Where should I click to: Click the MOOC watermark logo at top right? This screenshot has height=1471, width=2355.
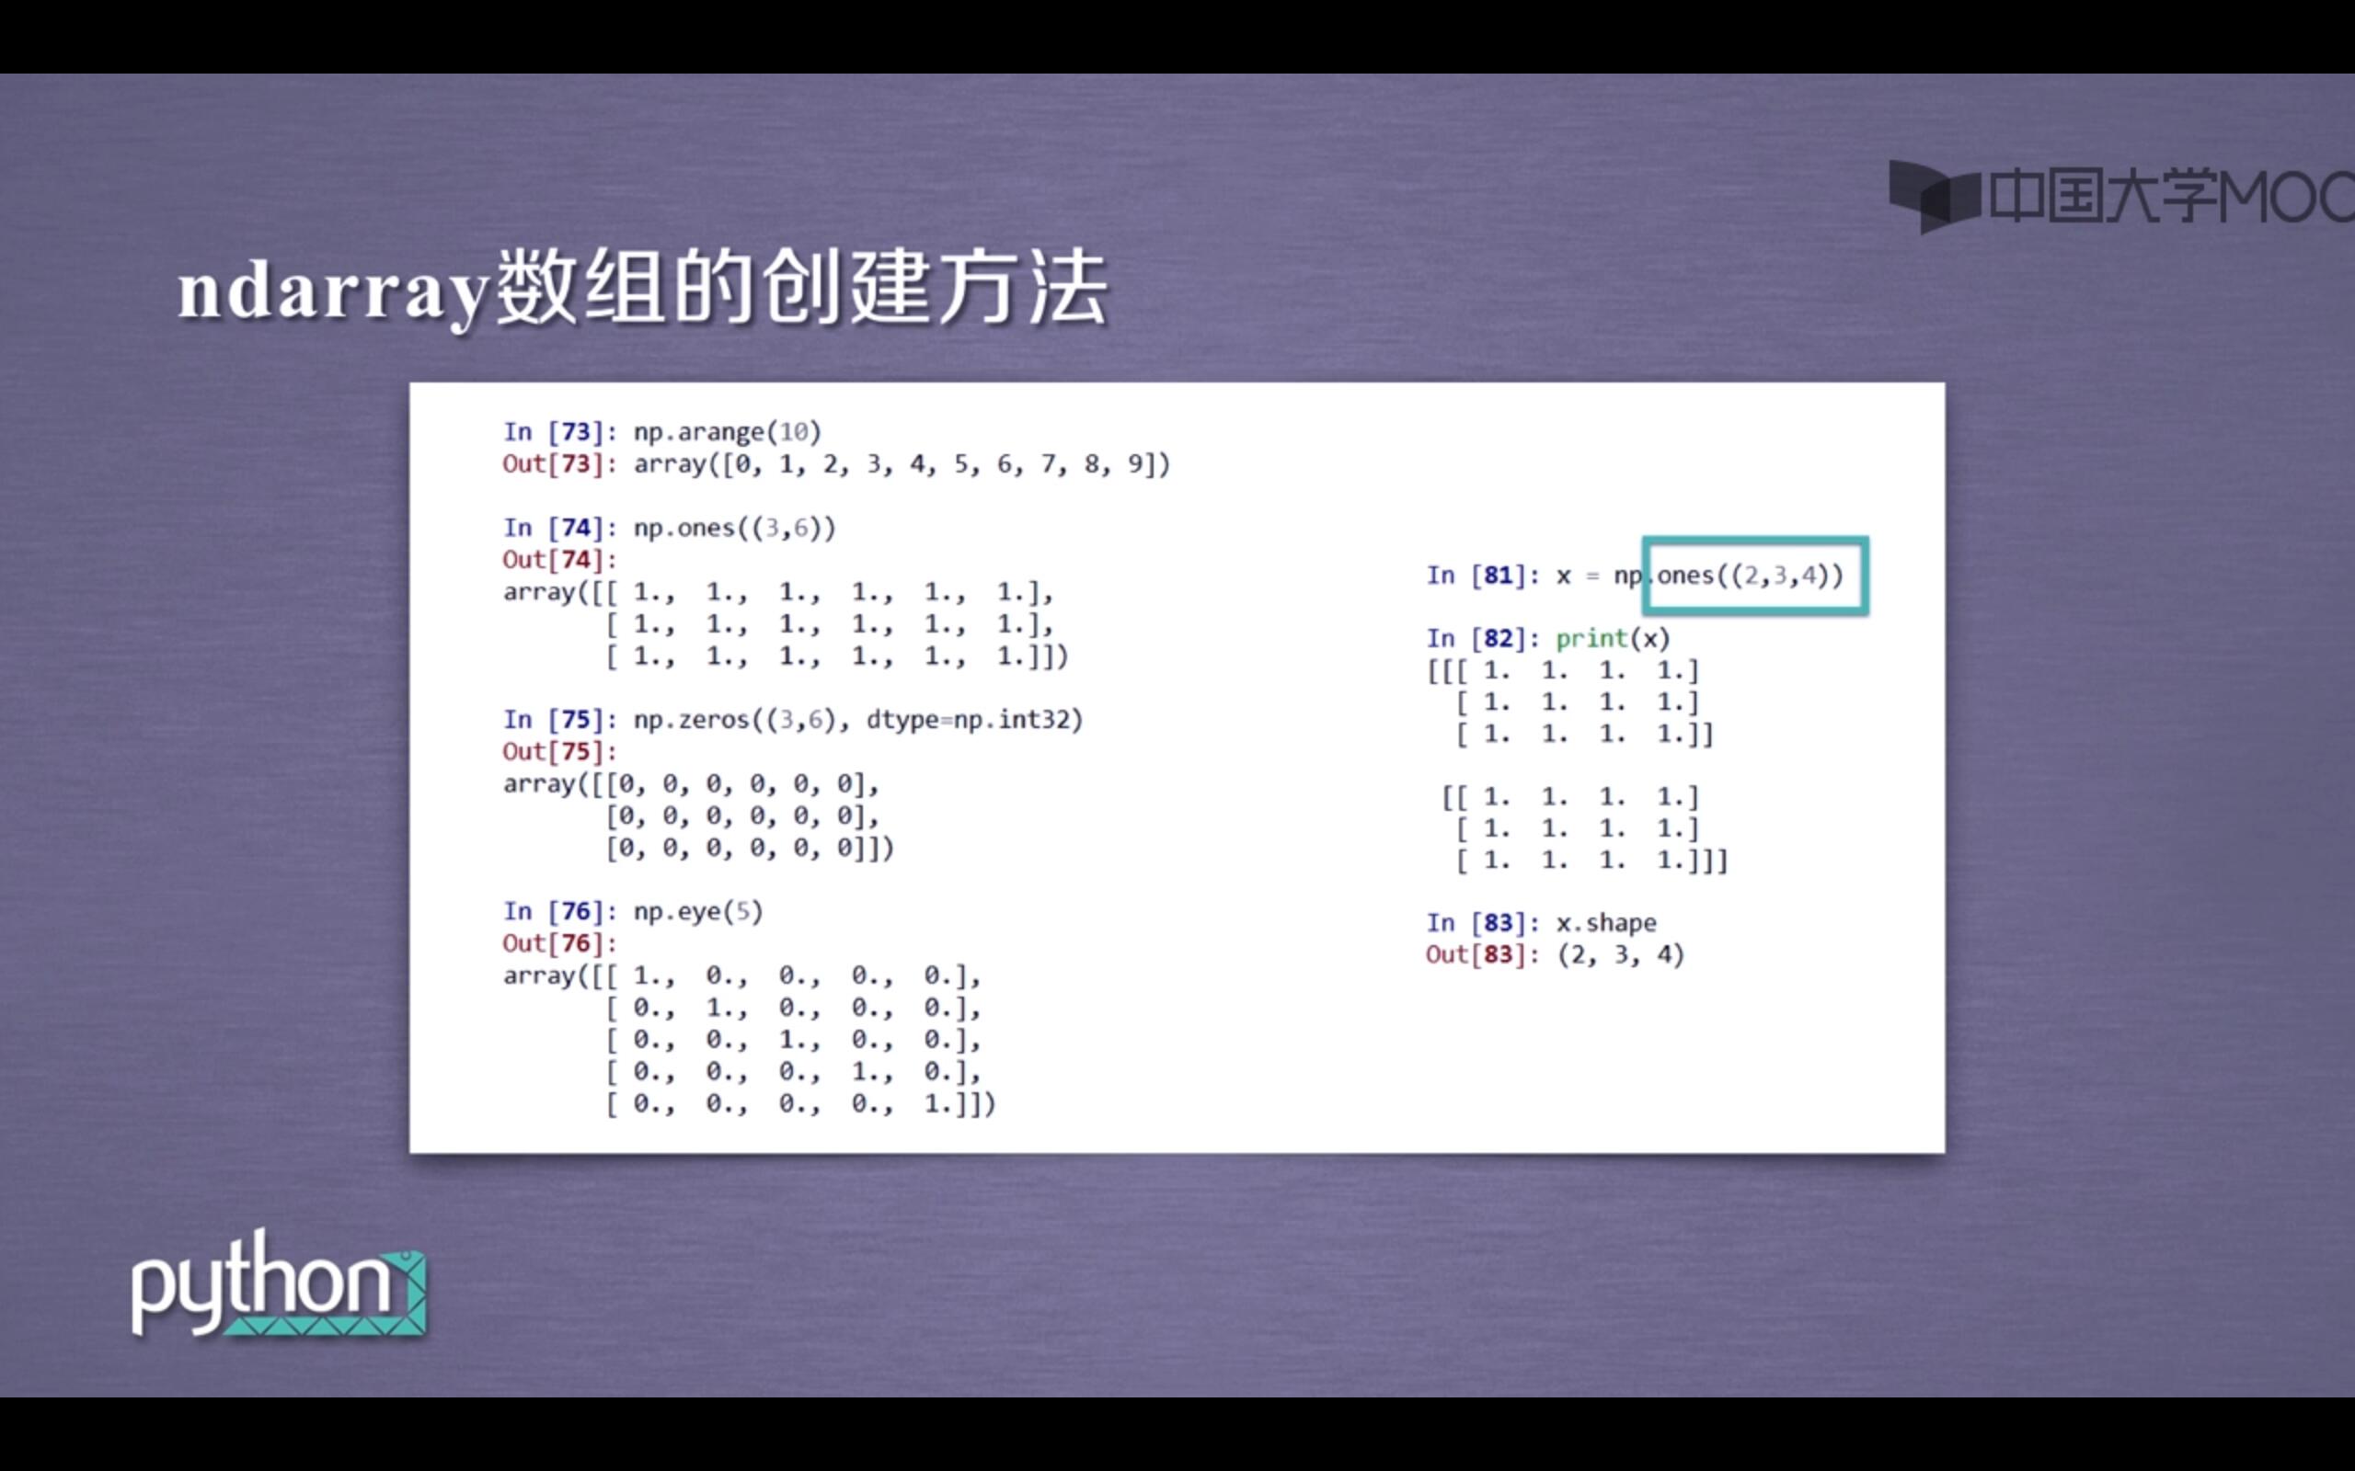click(2121, 197)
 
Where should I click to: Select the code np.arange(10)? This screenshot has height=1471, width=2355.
click(727, 431)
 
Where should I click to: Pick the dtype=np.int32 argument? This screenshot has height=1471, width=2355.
click(973, 720)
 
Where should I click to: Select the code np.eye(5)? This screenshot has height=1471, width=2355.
click(697, 912)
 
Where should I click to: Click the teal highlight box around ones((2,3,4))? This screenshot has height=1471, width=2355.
click(1754, 575)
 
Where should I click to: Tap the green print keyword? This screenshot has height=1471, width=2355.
click(1591, 638)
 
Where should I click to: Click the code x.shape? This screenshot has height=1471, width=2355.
click(1605, 922)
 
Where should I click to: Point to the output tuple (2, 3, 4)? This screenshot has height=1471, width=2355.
click(1620, 954)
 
